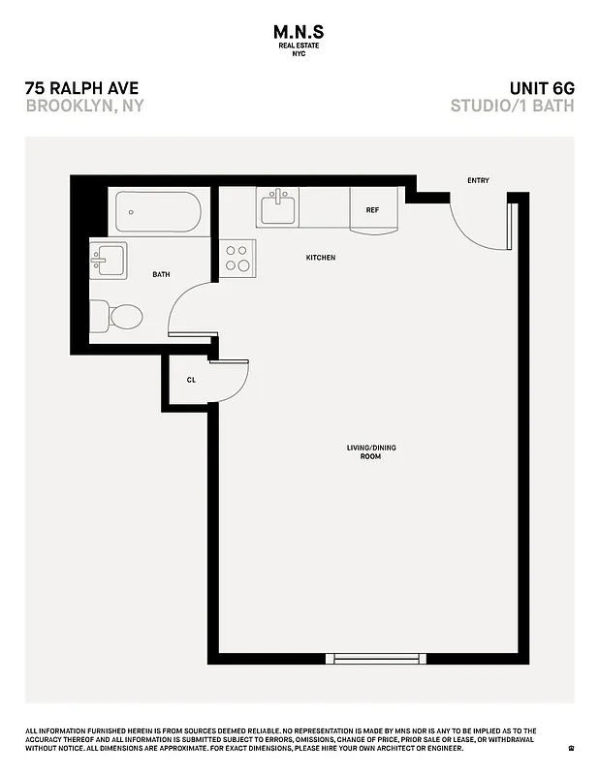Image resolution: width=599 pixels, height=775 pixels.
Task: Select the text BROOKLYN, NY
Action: (x=84, y=106)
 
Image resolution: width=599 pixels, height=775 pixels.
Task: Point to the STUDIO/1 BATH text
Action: (x=512, y=106)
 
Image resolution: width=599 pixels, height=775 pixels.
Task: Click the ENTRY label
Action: (x=478, y=181)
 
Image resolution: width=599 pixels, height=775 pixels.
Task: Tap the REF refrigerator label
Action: (x=372, y=210)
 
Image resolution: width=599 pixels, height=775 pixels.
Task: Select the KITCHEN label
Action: (x=321, y=258)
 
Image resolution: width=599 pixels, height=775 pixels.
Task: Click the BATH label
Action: (x=161, y=274)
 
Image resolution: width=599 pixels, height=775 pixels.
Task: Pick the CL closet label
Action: (x=191, y=380)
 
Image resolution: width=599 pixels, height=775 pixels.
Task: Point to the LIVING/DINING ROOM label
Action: (x=371, y=451)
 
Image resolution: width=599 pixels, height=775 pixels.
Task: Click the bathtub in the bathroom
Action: (x=158, y=211)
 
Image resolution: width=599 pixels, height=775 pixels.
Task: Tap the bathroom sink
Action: (x=108, y=260)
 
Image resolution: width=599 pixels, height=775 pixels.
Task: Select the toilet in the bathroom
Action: (x=117, y=316)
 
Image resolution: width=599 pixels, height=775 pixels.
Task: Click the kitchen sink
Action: (x=278, y=206)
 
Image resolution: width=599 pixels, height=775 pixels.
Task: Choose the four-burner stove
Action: (x=237, y=259)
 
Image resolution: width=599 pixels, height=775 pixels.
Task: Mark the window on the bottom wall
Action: (x=375, y=659)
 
